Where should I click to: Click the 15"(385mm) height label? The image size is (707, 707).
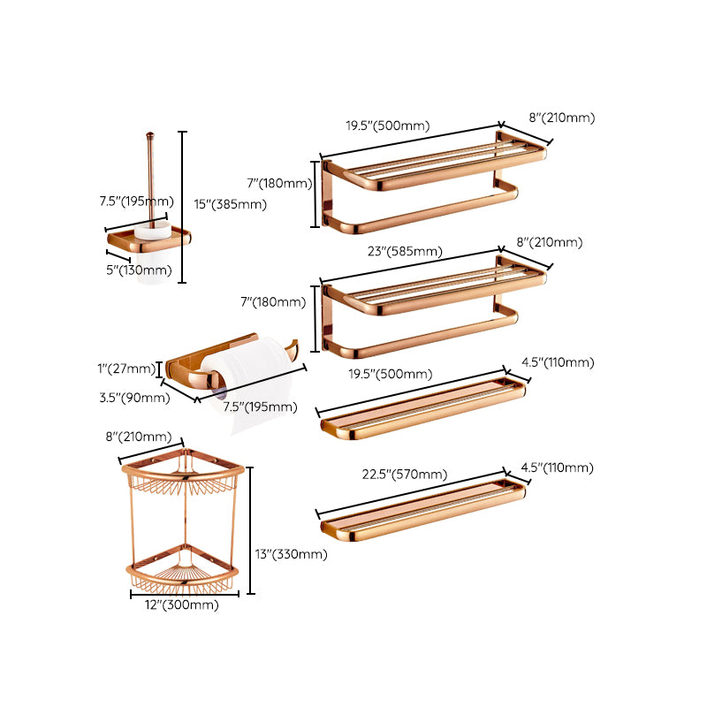(230, 204)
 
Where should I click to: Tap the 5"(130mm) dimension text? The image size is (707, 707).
(139, 270)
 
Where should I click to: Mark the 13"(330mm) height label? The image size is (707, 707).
(292, 555)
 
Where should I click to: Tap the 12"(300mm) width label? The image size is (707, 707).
(183, 605)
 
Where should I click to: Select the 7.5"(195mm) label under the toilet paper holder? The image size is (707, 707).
(261, 407)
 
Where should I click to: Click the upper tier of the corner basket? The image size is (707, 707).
(181, 478)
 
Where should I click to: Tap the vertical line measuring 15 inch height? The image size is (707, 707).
(182, 207)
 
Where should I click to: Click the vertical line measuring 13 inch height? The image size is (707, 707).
(251, 530)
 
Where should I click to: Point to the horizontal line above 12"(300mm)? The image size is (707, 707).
(183, 594)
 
